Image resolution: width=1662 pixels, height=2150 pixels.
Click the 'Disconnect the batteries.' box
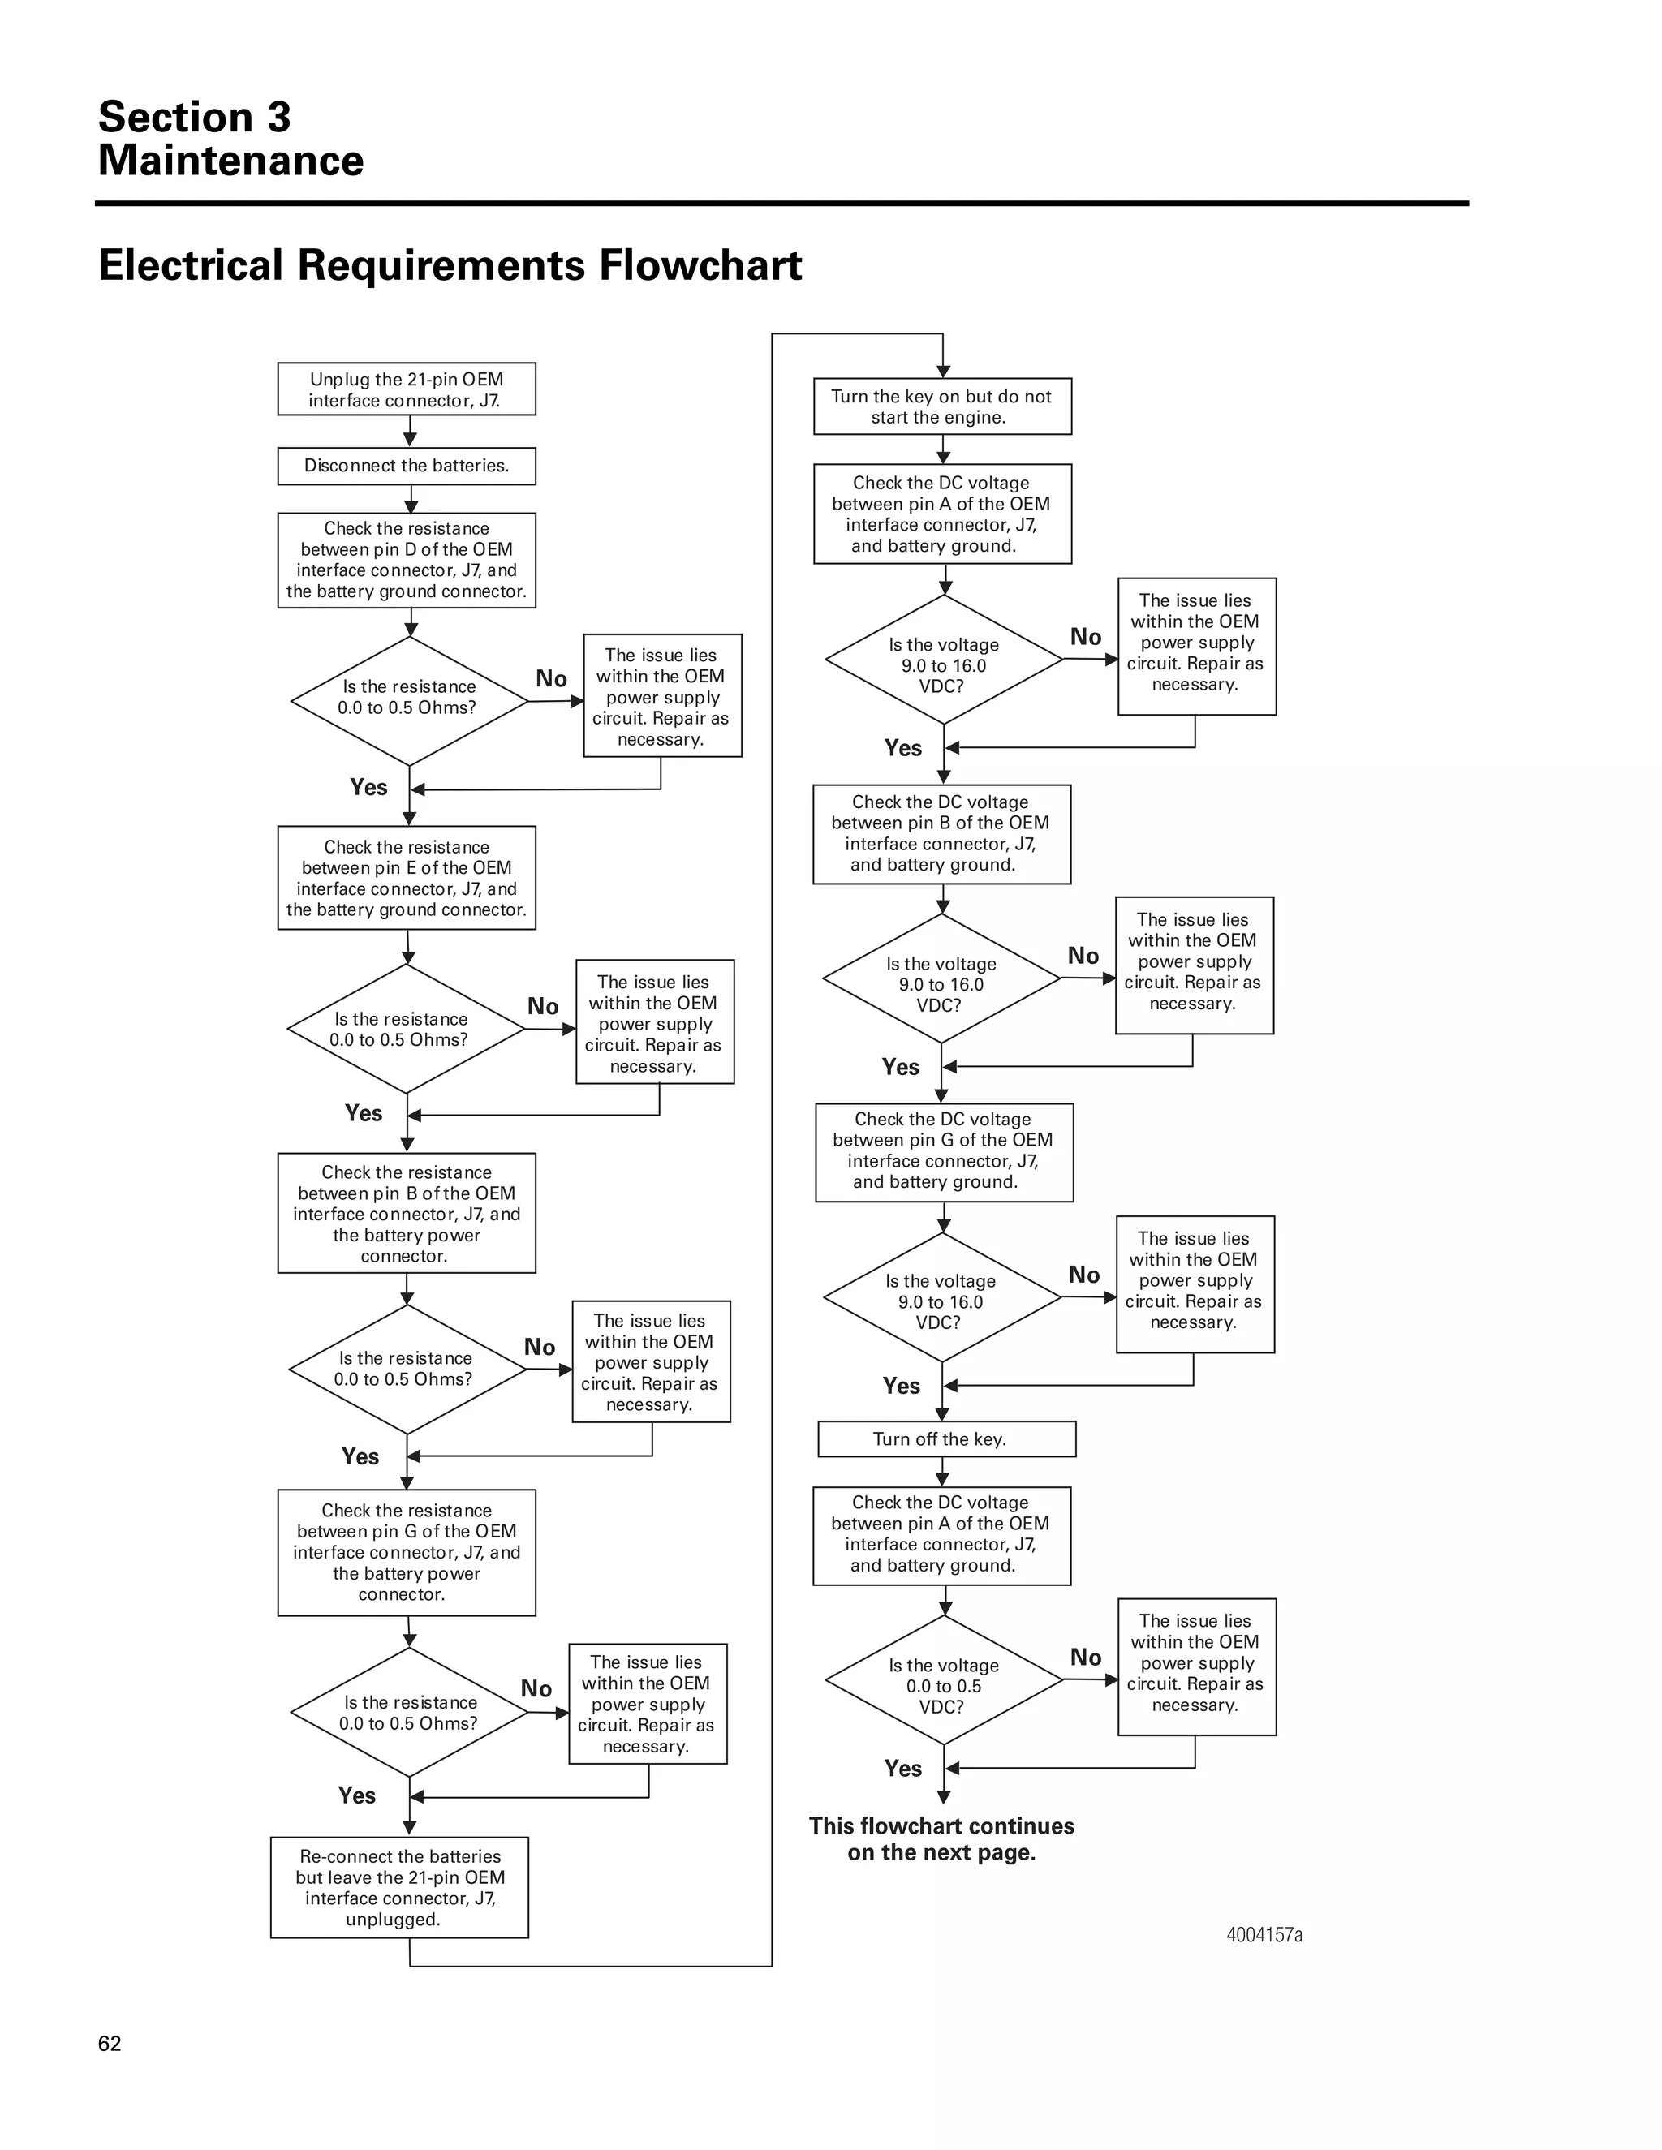406,466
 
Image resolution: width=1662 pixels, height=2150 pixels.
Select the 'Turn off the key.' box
945,1438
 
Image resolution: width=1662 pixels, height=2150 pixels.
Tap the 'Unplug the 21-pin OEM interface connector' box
406,389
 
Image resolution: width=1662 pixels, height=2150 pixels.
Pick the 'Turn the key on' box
941,406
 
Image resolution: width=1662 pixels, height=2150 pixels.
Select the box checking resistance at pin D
406,559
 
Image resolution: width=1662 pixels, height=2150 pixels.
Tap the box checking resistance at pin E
406,877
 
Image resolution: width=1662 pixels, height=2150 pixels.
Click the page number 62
110,2043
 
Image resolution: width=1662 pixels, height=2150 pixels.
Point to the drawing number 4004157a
1264,1934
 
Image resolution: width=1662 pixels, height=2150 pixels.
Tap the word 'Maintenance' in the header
230,161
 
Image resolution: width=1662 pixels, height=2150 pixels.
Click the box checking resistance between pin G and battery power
406,1551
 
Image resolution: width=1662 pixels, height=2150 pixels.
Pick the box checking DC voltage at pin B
941,833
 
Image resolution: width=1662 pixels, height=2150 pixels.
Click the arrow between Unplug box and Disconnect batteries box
410,431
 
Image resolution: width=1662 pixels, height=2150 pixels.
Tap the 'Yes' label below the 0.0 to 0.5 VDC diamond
902,1768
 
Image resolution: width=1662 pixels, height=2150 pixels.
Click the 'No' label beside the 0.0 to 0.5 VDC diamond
1085,1657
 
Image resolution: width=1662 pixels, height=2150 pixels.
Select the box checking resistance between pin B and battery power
406,1213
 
